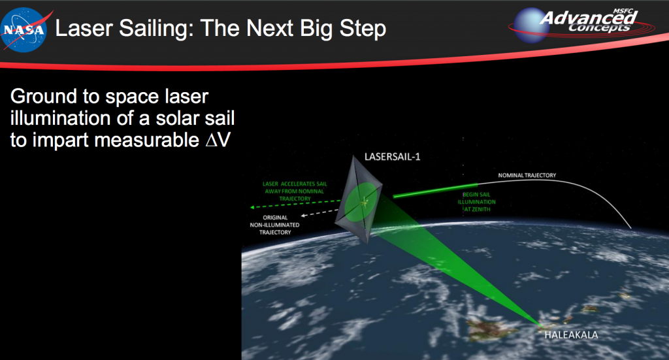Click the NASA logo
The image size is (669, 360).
(24, 29)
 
